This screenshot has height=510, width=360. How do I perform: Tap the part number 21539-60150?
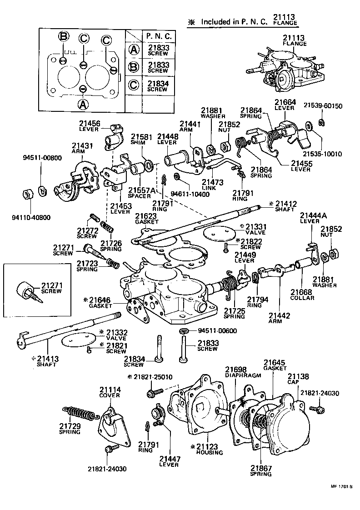324,106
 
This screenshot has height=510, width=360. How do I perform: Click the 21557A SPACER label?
139,191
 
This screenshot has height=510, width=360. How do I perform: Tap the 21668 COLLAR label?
303,295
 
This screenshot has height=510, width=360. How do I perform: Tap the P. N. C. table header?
158,35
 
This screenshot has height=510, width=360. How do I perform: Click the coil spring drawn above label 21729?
79,412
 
